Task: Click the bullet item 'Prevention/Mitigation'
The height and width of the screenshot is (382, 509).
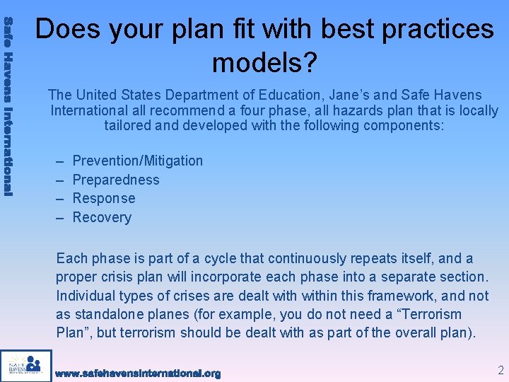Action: point(137,161)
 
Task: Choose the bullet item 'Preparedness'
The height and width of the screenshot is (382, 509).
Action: point(116,180)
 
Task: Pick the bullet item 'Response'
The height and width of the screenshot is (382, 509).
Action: point(104,199)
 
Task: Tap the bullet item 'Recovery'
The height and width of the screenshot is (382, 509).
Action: point(102,218)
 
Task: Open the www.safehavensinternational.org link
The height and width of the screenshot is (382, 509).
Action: point(138,373)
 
